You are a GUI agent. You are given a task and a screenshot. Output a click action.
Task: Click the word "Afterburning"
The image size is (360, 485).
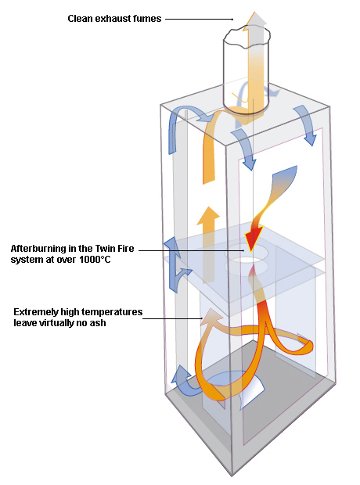[35, 249]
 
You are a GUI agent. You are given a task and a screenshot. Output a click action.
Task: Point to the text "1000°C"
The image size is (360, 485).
[95, 260]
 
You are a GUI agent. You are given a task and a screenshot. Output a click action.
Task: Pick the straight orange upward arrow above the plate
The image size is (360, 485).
[208, 244]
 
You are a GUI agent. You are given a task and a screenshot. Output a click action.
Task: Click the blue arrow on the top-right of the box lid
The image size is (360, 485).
[305, 125]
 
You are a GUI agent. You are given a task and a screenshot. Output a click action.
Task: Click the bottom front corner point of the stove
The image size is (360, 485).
[232, 476]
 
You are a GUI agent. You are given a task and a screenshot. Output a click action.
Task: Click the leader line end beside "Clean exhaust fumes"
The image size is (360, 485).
[232, 20]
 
